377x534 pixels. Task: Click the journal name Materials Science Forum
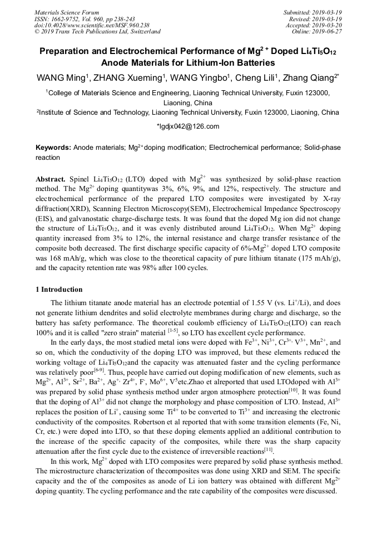(x=67, y=12)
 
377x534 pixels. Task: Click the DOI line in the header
(x=92, y=25)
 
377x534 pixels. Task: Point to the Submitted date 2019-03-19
(x=328, y=12)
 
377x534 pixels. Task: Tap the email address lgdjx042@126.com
(x=189, y=126)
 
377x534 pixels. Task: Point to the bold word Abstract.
(x=51, y=179)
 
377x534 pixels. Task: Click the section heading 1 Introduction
(x=59, y=290)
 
